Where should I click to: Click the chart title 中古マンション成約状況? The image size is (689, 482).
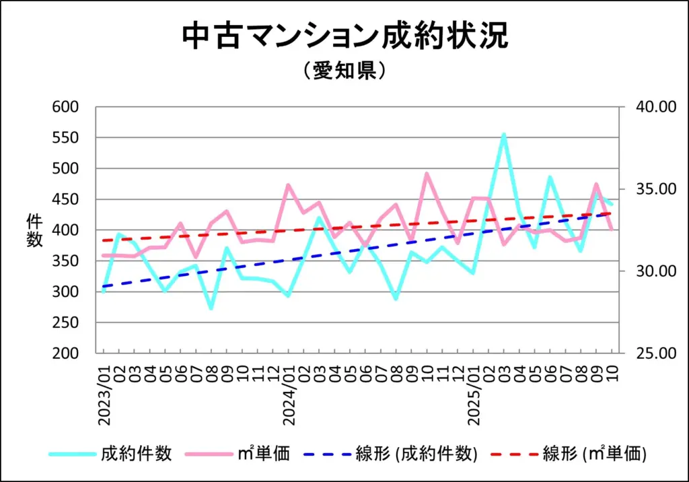tap(344, 38)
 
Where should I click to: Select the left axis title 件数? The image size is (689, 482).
tap(34, 230)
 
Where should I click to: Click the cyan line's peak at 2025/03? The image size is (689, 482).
tap(503, 134)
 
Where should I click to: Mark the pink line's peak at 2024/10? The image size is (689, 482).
tap(426, 173)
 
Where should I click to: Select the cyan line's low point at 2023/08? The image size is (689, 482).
tap(211, 308)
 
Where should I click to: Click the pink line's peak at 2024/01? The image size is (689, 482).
tap(288, 184)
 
